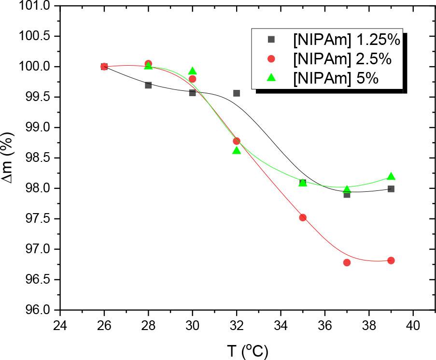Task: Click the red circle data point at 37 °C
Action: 347,262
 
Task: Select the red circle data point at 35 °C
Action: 303,217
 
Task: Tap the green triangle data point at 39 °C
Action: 391,176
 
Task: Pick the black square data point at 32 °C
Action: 237,93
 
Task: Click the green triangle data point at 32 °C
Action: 237,150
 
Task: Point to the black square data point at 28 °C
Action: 148,85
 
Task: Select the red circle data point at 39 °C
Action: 391,260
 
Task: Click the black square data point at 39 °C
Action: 391,189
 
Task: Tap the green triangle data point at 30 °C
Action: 193,71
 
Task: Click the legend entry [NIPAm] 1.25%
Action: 346,40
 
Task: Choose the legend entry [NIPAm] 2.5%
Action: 342,58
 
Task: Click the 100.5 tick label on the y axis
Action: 35,36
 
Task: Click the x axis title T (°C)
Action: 247,350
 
